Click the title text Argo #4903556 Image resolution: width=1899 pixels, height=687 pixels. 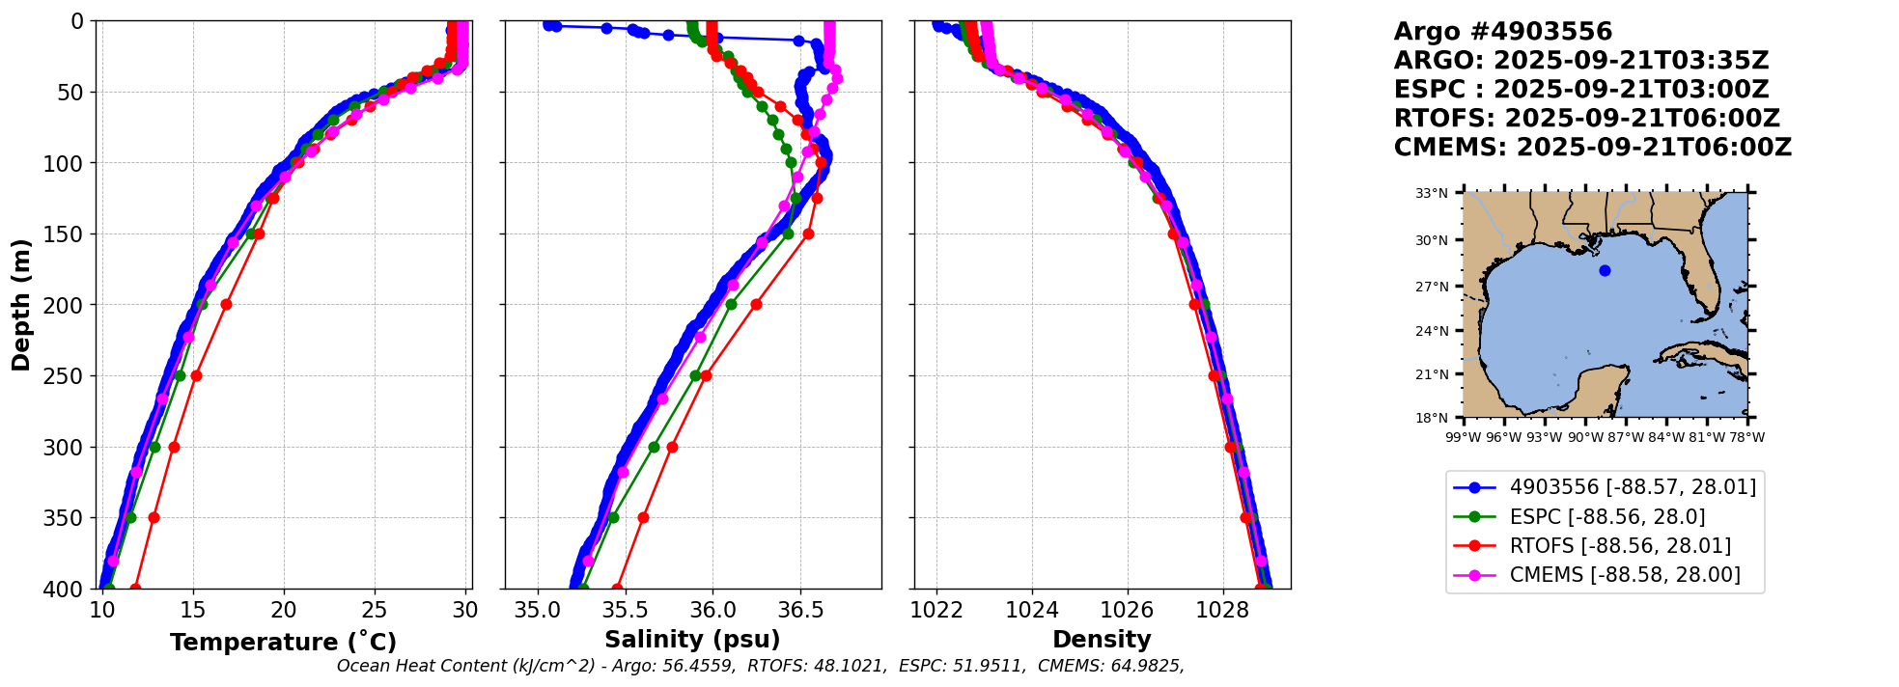pos(1502,32)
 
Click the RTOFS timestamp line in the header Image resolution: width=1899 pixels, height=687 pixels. pos(1586,119)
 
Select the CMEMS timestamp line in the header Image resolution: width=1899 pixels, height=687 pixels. pos(1592,148)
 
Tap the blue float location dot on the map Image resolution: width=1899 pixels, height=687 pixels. pos(1605,270)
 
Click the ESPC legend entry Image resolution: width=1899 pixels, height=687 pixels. pos(1606,517)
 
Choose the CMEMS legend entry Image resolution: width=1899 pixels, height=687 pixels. pos(1624,575)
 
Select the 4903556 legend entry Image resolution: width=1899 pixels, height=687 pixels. pos(1632,487)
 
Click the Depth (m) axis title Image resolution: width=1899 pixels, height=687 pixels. pos(21,304)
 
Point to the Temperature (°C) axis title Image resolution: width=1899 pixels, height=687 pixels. pos(283,643)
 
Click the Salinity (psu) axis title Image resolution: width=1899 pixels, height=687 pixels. pos(692,640)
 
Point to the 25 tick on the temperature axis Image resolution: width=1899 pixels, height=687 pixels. pos(375,611)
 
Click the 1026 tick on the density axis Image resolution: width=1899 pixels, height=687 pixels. pos(1127,611)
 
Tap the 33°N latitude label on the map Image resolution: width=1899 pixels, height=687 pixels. pos(1431,194)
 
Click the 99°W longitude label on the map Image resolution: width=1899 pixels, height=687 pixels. pos(1464,437)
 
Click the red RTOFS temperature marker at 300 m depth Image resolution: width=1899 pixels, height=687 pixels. pos(174,447)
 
